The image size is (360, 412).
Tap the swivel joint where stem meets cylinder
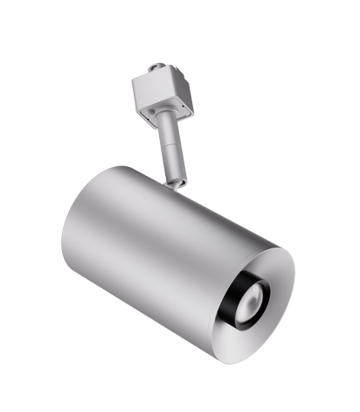coord(178,183)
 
